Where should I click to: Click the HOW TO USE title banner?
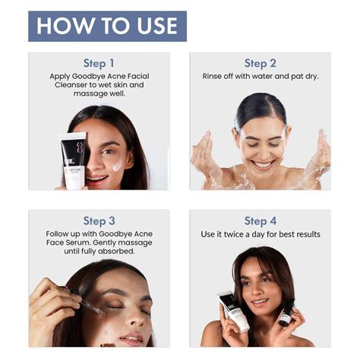coord(107,26)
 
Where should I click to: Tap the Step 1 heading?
coord(99,63)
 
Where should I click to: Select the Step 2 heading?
coord(260,63)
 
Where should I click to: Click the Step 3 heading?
coord(99,221)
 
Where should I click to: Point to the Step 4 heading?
coord(260,221)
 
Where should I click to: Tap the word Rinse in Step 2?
coord(215,76)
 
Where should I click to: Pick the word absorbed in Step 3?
coord(113,251)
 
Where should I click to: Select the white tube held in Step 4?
coord(235,311)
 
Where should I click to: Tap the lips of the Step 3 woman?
coord(130,338)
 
